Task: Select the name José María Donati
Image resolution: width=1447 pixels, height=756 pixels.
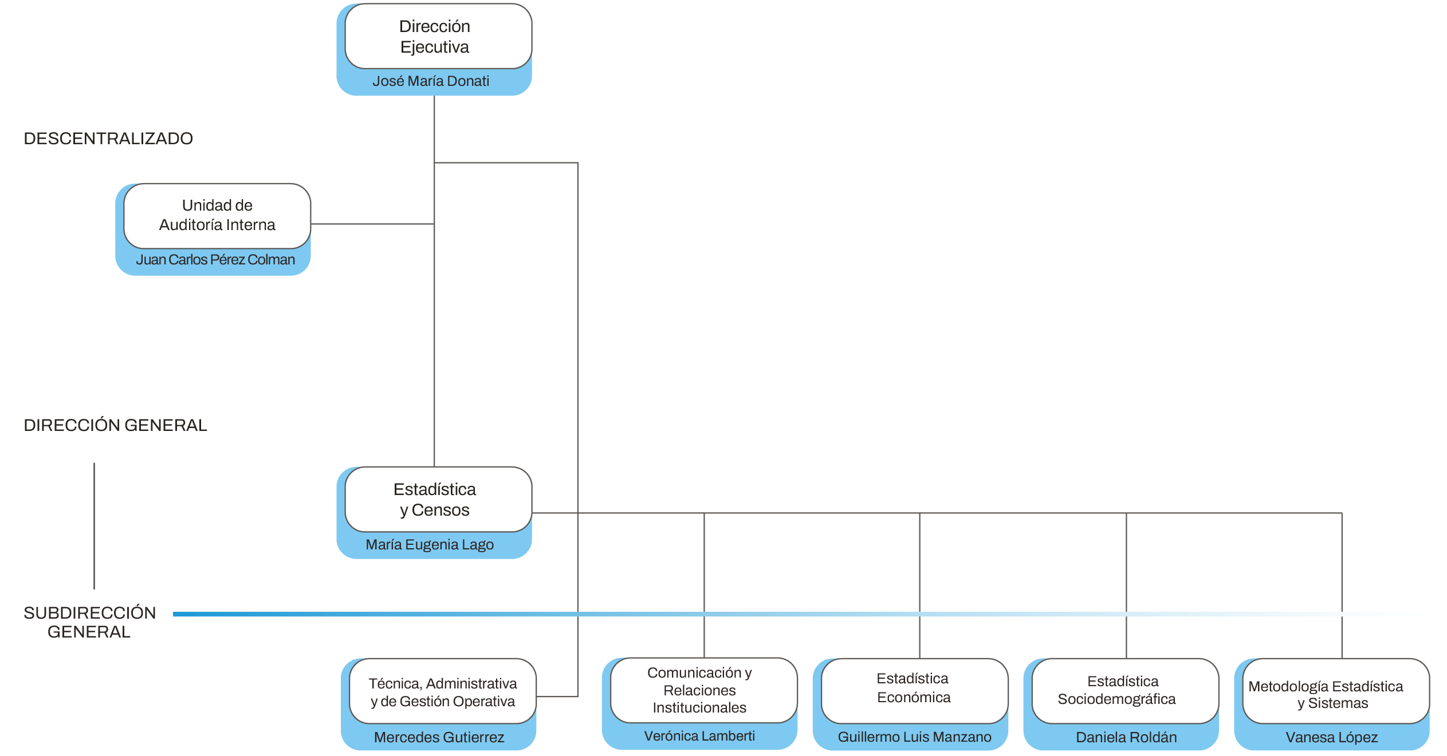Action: click(431, 81)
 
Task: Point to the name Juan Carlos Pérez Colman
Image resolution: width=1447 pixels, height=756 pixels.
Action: click(215, 260)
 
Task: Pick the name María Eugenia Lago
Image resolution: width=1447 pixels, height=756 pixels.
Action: click(430, 544)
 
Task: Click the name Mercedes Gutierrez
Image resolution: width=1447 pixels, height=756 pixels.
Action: click(439, 737)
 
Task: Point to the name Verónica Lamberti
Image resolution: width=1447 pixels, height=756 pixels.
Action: click(699, 736)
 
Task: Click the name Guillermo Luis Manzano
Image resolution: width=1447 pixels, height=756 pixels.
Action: click(914, 737)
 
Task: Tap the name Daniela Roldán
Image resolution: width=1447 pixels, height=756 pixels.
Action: click(1126, 737)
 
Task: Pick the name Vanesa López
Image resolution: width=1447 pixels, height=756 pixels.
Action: click(1331, 737)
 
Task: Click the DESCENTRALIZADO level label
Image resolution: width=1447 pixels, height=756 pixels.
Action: click(108, 138)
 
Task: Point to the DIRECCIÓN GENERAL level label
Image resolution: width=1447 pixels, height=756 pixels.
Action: click(115, 425)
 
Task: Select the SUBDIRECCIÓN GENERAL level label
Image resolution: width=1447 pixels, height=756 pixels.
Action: click(89, 622)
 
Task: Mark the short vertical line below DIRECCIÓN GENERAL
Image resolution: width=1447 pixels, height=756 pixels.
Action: click(94, 526)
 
